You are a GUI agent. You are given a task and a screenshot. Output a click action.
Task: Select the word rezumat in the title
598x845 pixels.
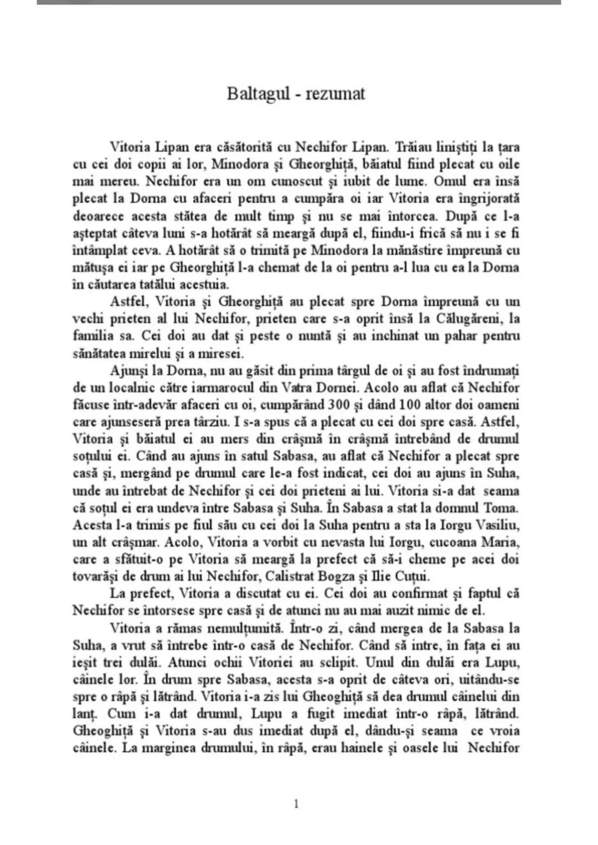pyautogui.click(x=334, y=94)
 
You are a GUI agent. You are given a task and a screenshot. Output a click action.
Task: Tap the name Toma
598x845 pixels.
pyautogui.click(x=503, y=507)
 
